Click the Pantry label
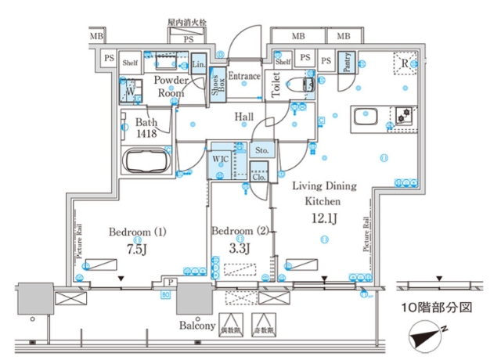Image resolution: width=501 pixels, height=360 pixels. tap(347, 63)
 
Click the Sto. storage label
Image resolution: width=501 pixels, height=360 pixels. tap(262, 150)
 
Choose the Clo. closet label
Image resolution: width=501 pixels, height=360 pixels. tap(259, 177)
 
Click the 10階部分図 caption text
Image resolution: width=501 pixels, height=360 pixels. tap(438, 308)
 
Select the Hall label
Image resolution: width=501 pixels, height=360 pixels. tap(244, 117)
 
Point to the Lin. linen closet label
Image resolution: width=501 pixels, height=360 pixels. tap(199, 63)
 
